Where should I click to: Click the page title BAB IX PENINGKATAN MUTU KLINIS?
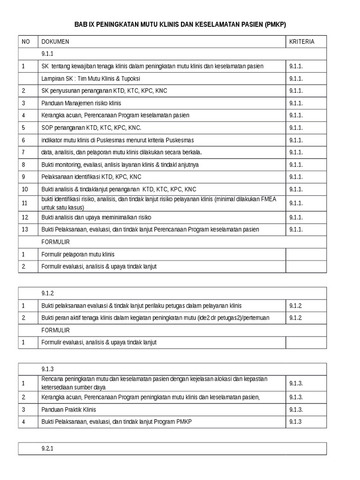coord(180,24)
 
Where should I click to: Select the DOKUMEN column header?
coord(55,42)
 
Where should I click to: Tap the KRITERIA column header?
coord(301,42)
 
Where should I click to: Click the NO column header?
coord(26,42)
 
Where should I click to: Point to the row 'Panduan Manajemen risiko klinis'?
coord(81,103)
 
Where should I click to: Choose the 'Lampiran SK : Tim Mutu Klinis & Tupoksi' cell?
coord(90,79)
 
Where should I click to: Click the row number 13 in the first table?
coord(25,230)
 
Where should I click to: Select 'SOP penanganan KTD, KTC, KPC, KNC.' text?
coord(91,127)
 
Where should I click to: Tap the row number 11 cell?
coord(25,203)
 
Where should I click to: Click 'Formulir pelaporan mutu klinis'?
coord(78,255)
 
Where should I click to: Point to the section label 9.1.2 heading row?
coord(48,293)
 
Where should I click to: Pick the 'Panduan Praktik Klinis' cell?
coord(68,409)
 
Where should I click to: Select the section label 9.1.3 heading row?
coord(48,369)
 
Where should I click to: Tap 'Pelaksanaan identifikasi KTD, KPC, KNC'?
coord(91,177)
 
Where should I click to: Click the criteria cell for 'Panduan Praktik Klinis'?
coord(296,409)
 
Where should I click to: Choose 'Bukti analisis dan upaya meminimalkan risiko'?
coord(96,217)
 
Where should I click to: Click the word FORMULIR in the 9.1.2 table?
coord(55,330)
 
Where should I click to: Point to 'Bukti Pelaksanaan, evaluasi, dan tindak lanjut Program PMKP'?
coord(116,421)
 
